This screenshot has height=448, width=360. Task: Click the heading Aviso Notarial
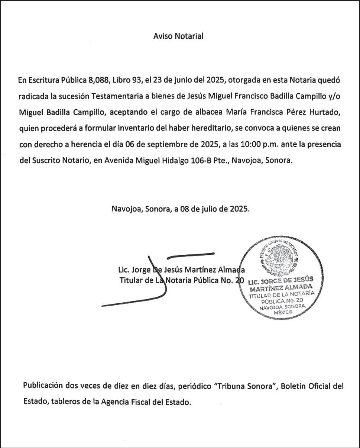coord(178,36)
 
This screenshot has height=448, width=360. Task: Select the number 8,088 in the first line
coord(98,80)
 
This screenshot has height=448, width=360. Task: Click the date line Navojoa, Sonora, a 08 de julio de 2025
coord(181,209)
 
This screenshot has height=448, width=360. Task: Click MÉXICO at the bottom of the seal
coord(283,313)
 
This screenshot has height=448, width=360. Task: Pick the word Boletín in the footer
coord(294,386)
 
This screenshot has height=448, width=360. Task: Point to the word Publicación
coord(43,386)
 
